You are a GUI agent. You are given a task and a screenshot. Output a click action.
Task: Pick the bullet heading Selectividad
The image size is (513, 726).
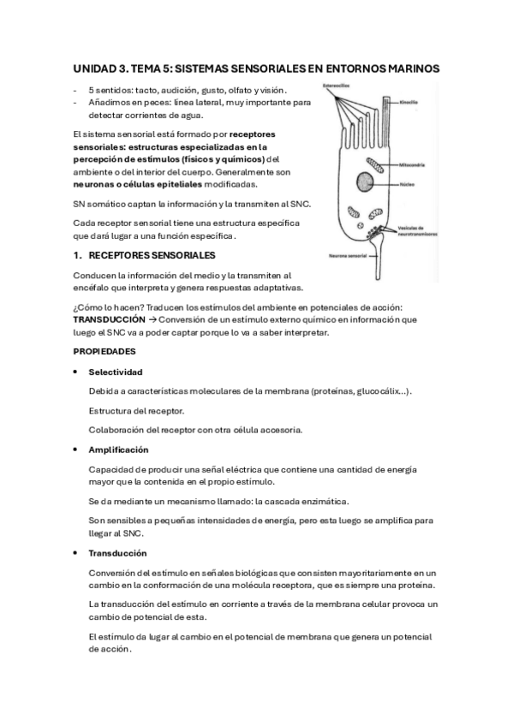116,372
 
